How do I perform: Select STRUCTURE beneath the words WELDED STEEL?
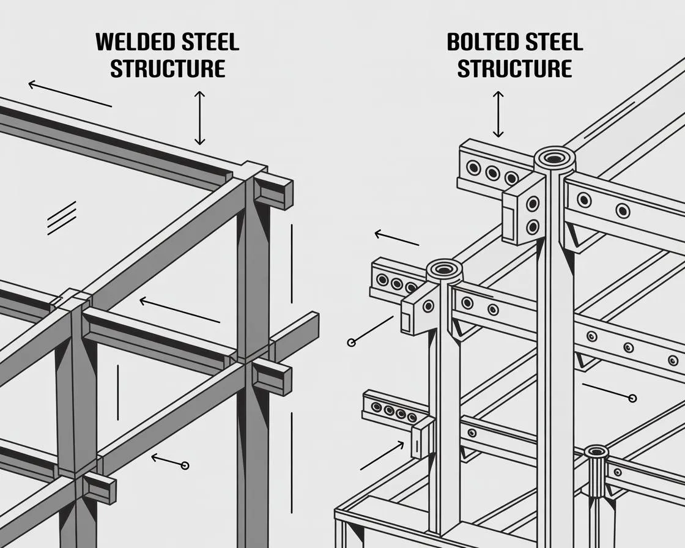tap(168, 68)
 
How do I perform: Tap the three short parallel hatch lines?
tap(62, 218)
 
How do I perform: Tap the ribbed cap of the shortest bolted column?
tap(596, 453)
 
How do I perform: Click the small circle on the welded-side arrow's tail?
tap(185, 465)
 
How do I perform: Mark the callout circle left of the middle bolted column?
tap(351, 342)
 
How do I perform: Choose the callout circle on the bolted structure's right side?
tap(632, 399)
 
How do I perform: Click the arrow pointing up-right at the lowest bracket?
tap(382, 455)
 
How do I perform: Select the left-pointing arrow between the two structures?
tap(396, 238)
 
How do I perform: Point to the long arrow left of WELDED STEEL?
tap(70, 94)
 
